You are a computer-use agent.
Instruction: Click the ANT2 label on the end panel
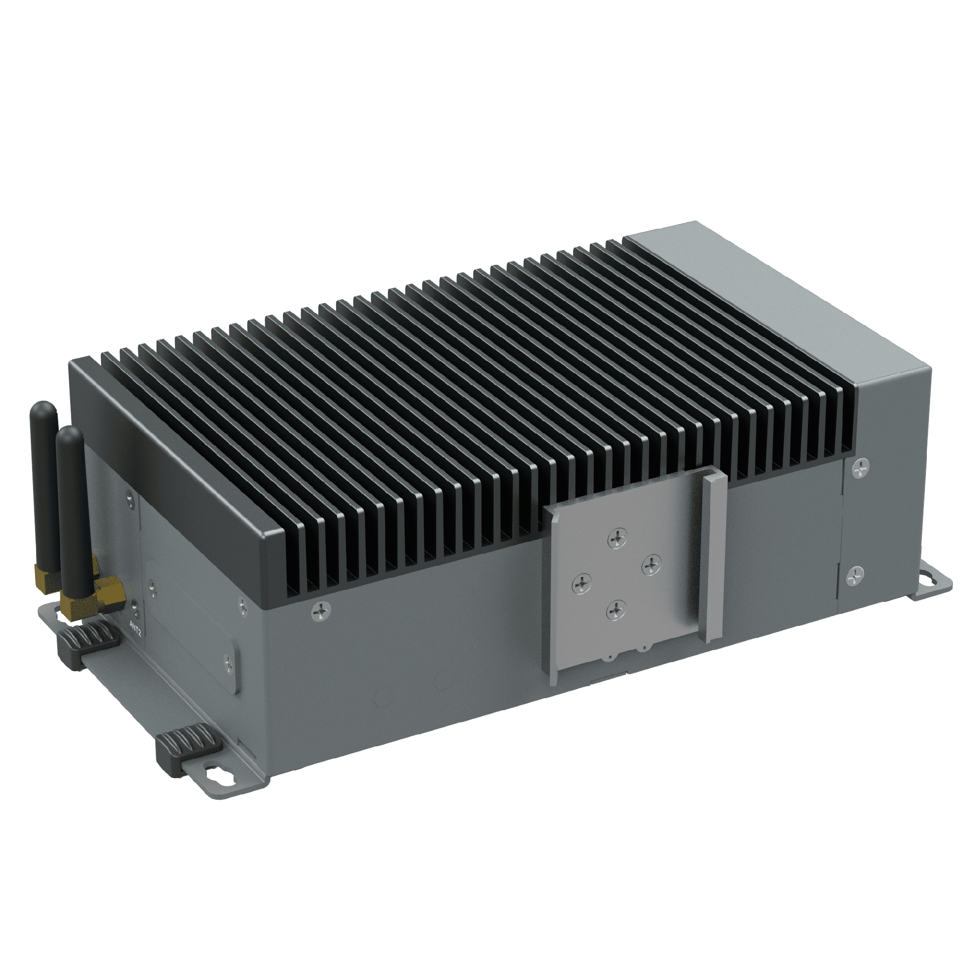click(135, 627)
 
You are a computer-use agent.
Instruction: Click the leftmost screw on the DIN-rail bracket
click(582, 583)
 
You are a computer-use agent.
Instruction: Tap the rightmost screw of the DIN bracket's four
click(651, 565)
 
